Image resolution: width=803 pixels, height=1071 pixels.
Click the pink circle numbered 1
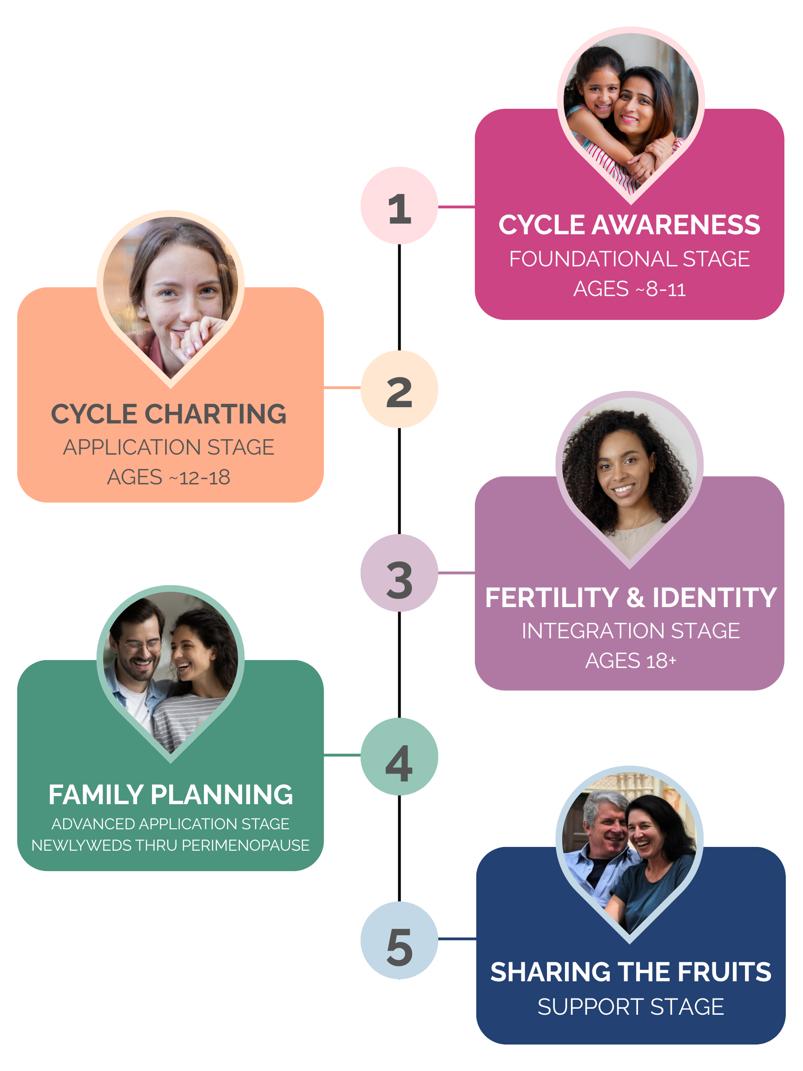[399, 205]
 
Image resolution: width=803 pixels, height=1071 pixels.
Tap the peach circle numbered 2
[399, 389]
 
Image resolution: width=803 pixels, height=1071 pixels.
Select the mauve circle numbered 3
[399, 573]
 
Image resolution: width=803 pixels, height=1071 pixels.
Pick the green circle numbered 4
[399, 757]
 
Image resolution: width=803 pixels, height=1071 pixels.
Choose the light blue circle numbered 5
[399, 940]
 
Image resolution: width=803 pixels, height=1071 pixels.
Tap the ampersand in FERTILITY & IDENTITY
[636, 597]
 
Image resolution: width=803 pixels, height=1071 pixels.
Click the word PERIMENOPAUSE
[245, 846]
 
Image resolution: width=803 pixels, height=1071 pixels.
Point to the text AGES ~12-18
[168, 477]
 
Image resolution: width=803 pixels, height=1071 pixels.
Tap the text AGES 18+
[630, 661]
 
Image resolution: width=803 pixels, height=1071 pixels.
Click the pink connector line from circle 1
[456, 207]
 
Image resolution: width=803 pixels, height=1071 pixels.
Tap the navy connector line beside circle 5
[457, 939]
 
